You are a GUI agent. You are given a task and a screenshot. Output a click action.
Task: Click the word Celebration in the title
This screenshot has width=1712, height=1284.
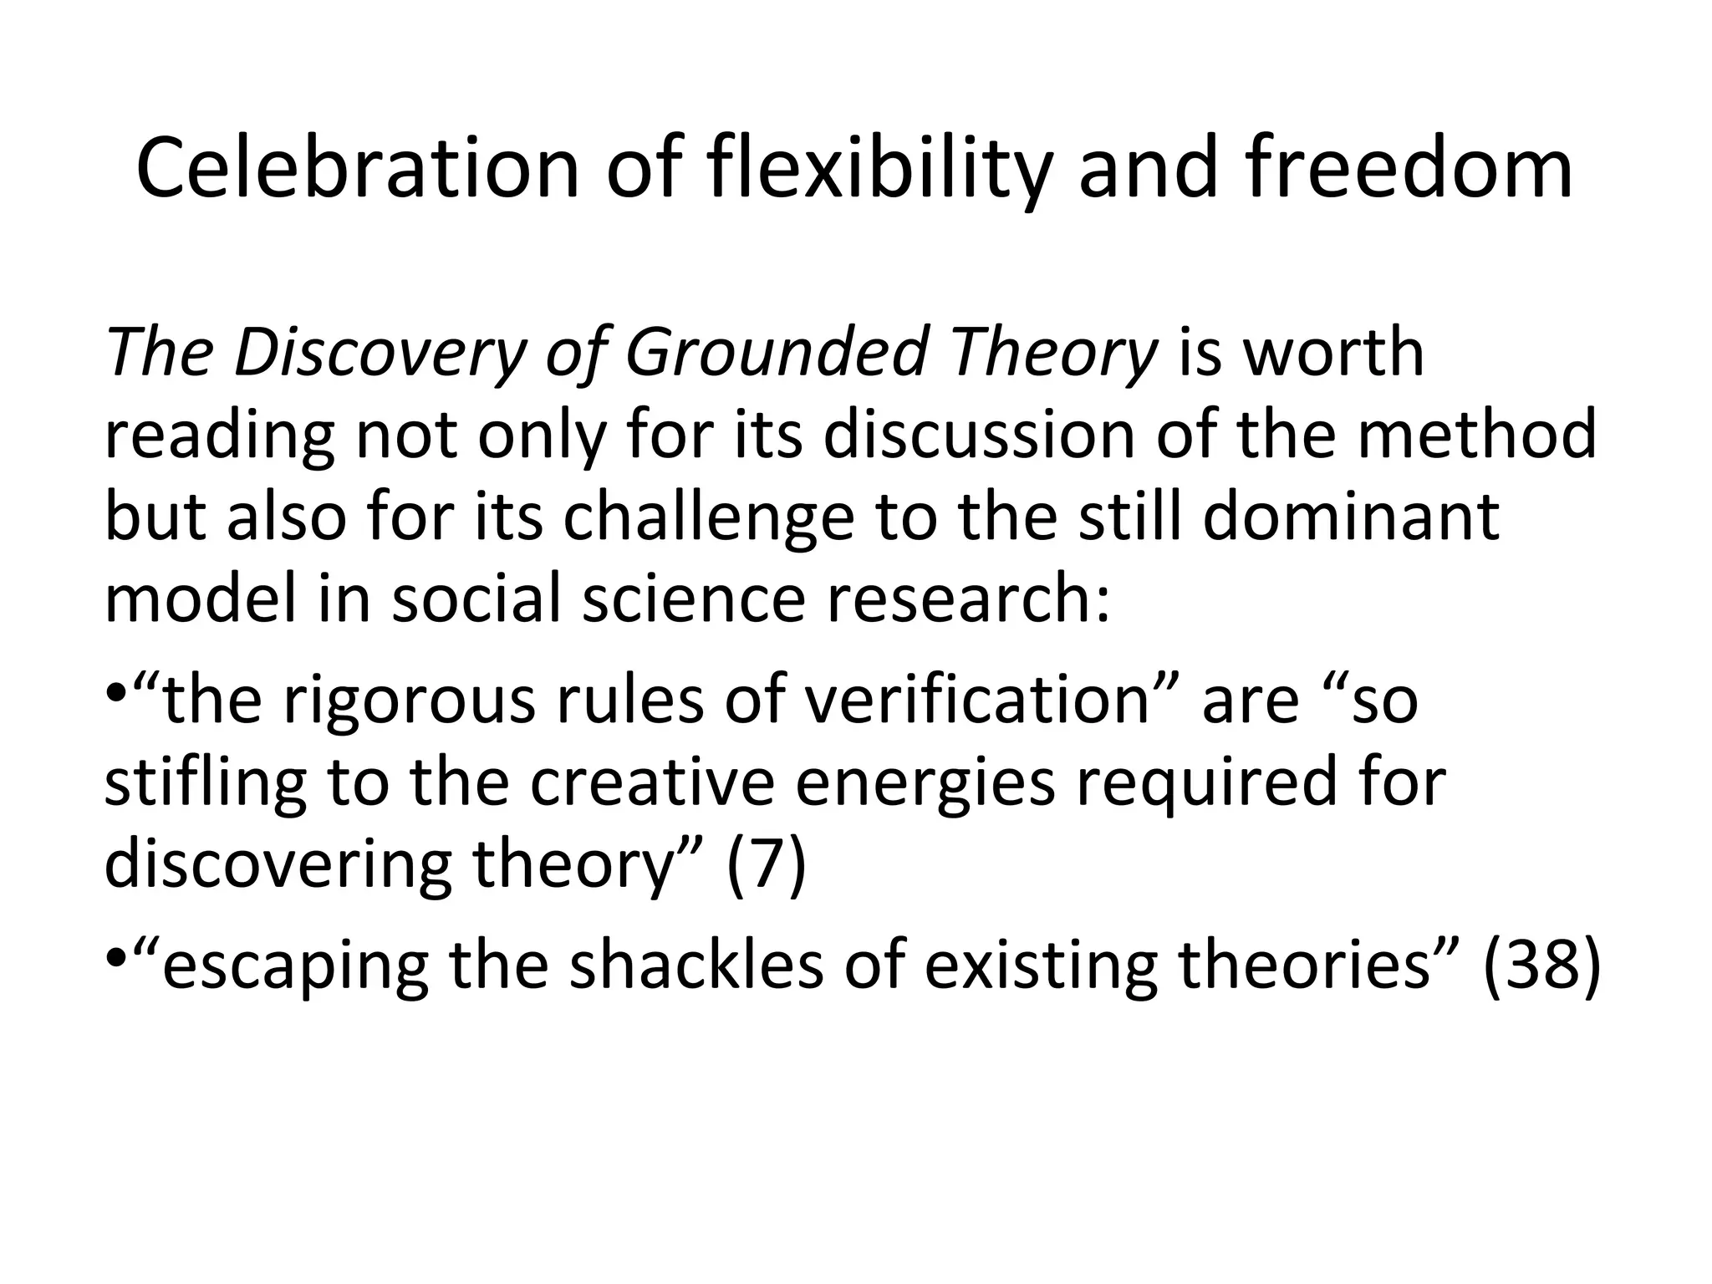[357, 170]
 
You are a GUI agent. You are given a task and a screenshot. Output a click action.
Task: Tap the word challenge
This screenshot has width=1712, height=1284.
[708, 517]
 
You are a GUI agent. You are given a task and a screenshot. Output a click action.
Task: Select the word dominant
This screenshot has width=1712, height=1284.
[1351, 517]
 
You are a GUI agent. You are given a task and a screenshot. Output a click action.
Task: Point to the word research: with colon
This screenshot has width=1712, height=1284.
[969, 599]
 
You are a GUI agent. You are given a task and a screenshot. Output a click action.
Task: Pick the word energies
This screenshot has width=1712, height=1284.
[925, 784]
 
